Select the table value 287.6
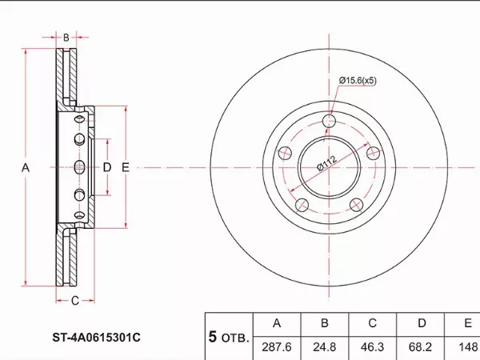277,348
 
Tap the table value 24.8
325,348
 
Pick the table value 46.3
373,348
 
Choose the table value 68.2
421,348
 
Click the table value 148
466,348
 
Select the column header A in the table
277,324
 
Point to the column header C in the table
373,324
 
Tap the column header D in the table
421,324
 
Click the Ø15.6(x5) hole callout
358,80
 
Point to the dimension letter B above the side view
66,38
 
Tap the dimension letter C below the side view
74,301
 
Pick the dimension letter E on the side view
126,167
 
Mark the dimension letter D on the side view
106,167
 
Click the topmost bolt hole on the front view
329,122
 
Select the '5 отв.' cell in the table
229,337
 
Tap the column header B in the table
325,324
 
